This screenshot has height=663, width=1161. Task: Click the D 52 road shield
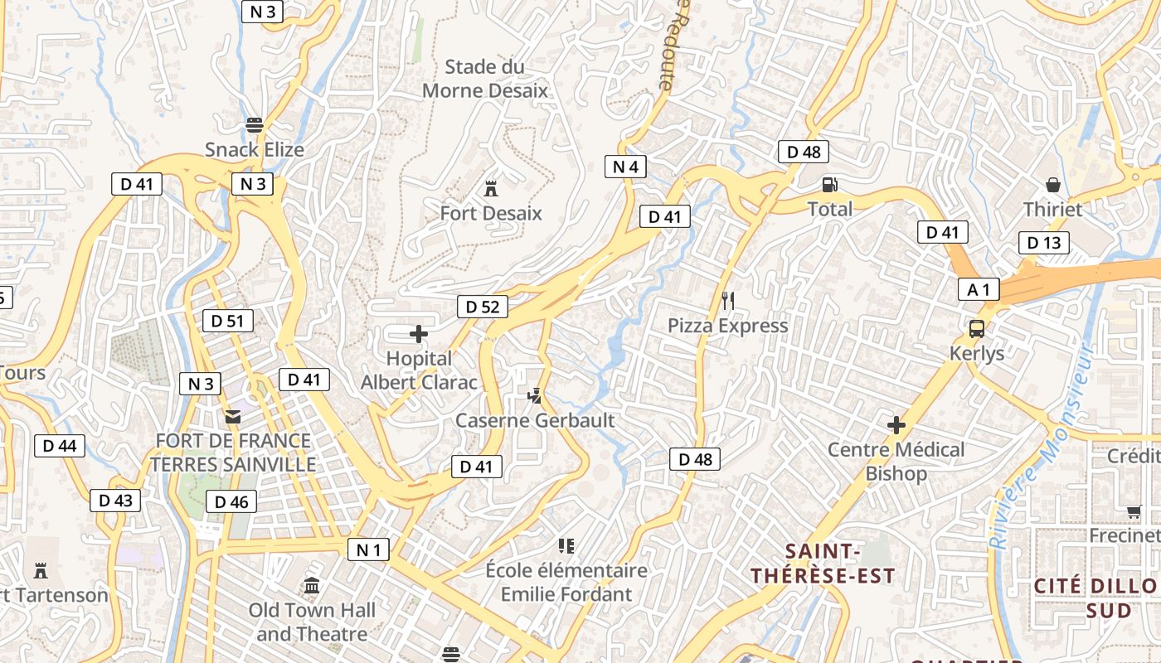[482, 307]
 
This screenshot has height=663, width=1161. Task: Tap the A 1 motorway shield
[979, 289]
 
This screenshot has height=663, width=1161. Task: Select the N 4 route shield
[625, 167]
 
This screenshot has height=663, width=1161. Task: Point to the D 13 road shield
[1043, 243]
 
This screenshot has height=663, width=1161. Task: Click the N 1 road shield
[367, 549]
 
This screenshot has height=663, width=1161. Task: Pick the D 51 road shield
[227, 321]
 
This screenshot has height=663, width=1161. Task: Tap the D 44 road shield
[59, 446]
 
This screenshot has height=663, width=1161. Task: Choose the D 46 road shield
[231, 501]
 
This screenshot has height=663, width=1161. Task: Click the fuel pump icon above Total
[829, 185]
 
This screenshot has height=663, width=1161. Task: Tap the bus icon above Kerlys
[977, 329]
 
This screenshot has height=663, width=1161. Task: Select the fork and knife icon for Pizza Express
[728, 300]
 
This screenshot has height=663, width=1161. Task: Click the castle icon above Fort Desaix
[491, 189]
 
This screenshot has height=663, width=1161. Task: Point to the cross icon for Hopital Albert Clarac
[419, 334]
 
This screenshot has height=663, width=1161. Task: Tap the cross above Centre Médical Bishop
[896, 425]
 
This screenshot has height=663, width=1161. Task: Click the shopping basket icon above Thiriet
[1052, 184]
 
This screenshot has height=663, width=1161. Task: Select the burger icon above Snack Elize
[255, 125]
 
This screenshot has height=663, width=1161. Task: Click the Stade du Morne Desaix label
[485, 79]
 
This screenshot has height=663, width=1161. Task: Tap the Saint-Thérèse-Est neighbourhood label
[823, 564]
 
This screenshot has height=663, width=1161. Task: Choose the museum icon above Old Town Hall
[312, 586]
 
